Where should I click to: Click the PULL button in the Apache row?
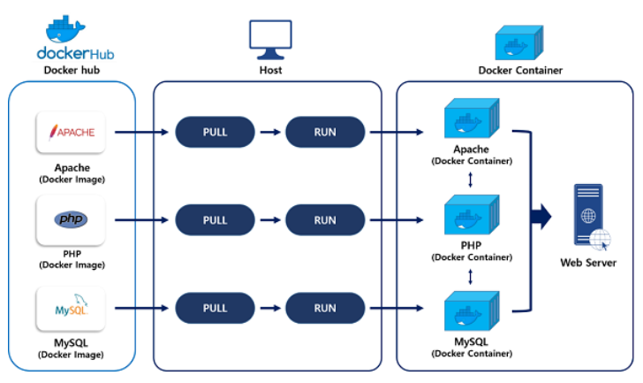pos(215,133)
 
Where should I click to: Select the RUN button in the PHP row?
pos(324,220)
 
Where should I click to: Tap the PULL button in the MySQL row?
pos(215,308)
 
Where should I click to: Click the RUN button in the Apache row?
pos(324,133)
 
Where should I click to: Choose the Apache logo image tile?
pos(71,134)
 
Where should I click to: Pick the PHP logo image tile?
pos(71,220)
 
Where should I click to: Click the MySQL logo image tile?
pos(71,309)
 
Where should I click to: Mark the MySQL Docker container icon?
pos(470,314)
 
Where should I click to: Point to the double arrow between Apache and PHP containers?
pos(470,180)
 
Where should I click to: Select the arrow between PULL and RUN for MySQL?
pos(269,308)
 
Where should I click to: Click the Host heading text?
pos(270,70)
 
